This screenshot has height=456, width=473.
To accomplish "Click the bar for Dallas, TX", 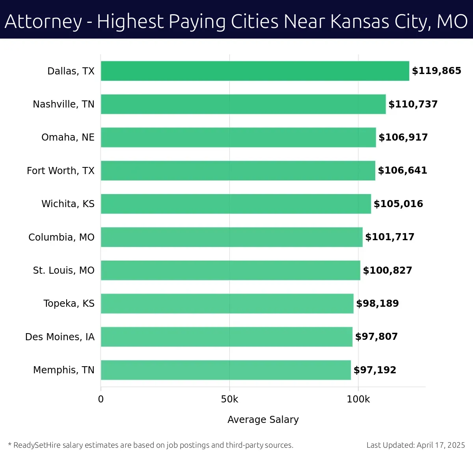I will [255, 71].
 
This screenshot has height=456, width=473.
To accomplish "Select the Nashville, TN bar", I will [243, 104].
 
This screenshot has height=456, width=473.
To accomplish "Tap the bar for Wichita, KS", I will [236, 204].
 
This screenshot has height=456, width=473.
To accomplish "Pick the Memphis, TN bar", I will [225, 370].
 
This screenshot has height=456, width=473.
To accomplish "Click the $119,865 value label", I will [436, 71].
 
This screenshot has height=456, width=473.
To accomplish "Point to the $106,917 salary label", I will [403, 137].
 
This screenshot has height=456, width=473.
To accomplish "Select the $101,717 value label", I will [389, 237].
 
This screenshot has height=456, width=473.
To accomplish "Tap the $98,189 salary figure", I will [377, 304].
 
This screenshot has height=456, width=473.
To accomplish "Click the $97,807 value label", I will [376, 337].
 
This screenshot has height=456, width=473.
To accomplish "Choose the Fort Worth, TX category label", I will [61, 171].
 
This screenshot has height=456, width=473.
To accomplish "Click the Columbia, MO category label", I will [61, 237].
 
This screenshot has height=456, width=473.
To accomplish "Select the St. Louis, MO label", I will [63, 270].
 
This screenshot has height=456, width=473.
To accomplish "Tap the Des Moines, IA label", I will [60, 337].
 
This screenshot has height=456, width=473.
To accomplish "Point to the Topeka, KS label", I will [69, 304].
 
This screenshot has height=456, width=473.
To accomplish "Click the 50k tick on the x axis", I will [229, 399].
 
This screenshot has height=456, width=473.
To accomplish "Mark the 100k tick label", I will [358, 399].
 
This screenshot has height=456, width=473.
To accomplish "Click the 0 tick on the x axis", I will [101, 399].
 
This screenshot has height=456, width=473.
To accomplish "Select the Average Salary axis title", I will [263, 420].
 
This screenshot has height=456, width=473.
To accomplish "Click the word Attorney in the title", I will [43, 22].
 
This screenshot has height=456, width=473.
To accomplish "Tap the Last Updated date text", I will [415, 445].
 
